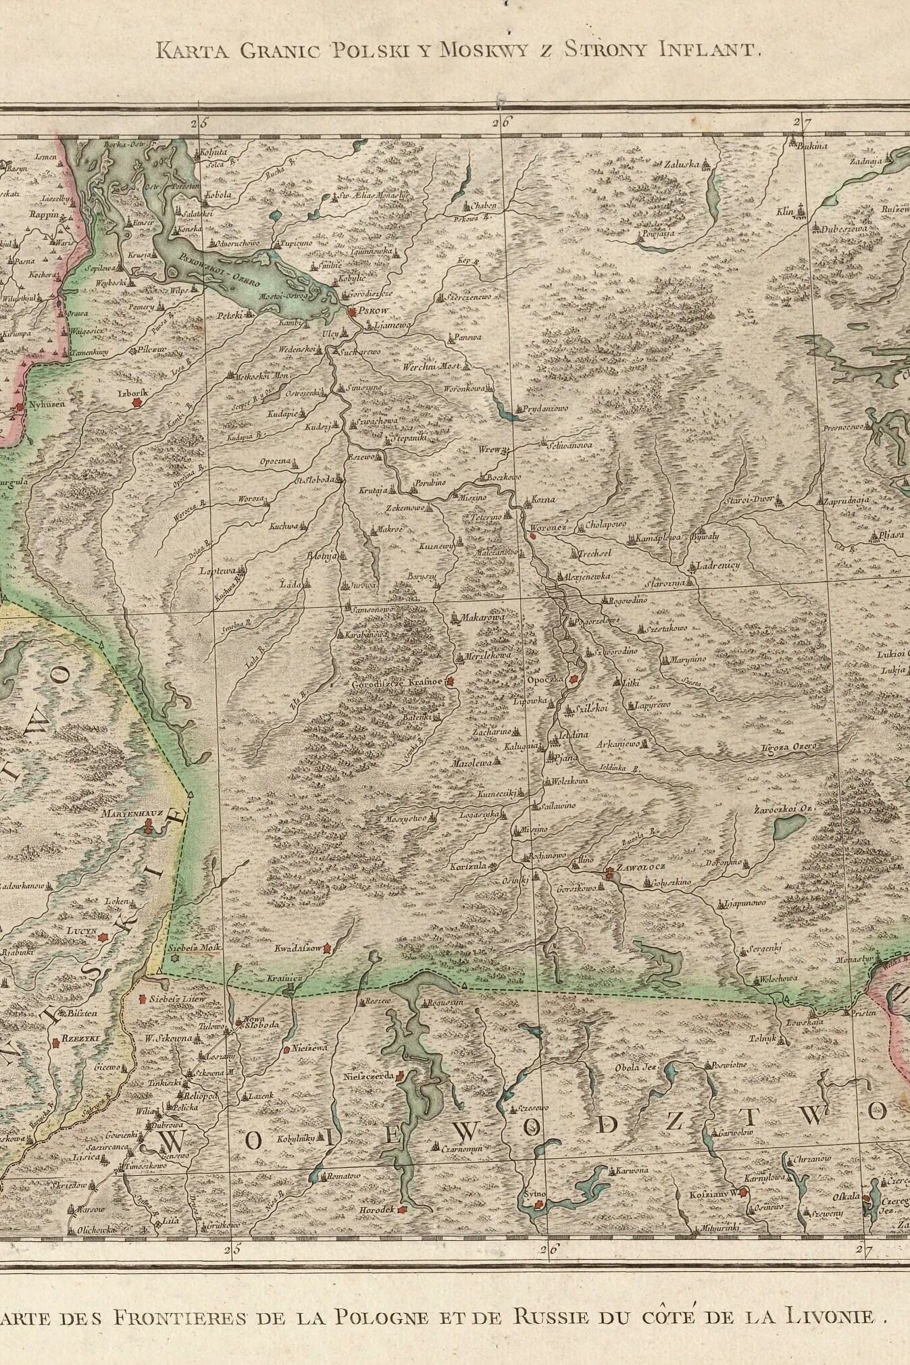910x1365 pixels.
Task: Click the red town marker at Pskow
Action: [x=352, y=312]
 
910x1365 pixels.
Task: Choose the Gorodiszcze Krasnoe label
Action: [x=398, y=683]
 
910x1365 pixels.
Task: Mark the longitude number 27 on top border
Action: [x=801, y=122]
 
